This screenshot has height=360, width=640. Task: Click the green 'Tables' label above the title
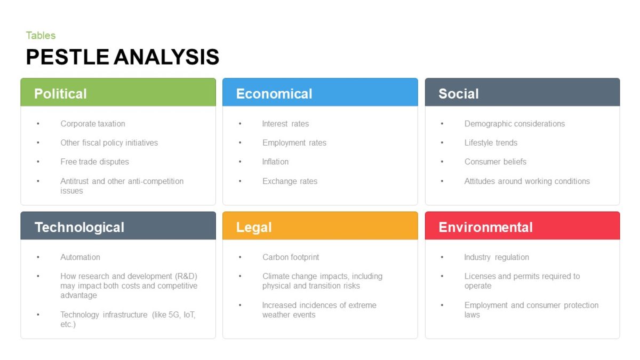pos(41,36)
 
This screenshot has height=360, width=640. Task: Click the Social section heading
pos(458,94)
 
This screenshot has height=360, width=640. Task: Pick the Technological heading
pos(79,227)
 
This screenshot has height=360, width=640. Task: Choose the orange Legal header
pos(254,227)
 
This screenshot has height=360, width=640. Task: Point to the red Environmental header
pos(485,227)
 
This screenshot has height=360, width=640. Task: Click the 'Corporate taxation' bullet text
pos(93,124)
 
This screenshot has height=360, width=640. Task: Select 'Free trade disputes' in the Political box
pos(94,162)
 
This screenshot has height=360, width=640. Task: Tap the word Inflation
pos(275,162)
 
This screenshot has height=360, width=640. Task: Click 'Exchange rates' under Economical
pos(290,181)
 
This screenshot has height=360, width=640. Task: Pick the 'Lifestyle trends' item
pos(491,143)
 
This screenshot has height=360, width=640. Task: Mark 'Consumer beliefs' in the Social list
pos(495,162)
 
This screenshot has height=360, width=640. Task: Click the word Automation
pos(80,257)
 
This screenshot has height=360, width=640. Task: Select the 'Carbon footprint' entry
pos(291,257)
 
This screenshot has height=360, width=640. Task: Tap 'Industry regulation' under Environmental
pos(497,257)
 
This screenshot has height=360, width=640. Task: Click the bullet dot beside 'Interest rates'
pos(240,124)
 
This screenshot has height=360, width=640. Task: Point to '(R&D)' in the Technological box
pos(186,276)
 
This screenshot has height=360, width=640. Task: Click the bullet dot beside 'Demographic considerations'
pos(442,124)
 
